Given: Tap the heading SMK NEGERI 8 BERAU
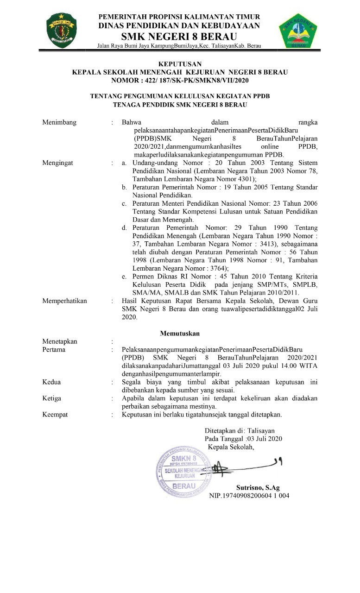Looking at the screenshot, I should coord(179,37).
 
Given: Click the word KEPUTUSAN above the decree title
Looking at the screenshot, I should coord(179,63).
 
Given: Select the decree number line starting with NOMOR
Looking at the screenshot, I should coord(180,80).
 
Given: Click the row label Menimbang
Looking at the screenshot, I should coord(59,123).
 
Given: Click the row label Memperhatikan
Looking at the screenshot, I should coord(64,301).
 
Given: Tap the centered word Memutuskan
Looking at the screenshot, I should coord(180,333).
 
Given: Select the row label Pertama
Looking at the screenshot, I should coord(54,350).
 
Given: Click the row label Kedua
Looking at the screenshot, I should coord(51,382).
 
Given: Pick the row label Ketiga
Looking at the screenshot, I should coord(52,398).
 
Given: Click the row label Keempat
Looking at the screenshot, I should coord(55,414).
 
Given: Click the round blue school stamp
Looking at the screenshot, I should coord(182,474).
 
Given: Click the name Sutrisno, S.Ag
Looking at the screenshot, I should coord(258,487).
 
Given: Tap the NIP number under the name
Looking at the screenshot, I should coord(249,495).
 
